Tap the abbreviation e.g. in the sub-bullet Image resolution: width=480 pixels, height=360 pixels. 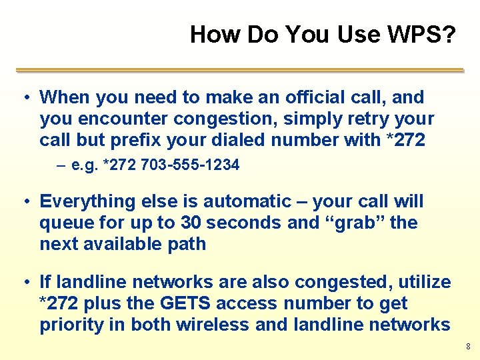tap(85, 165)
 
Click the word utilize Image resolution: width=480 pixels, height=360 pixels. tap(418, 282)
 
